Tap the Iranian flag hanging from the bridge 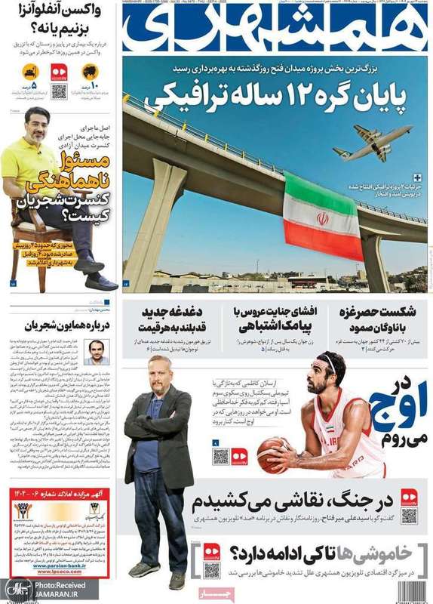[x=323, y=217]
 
